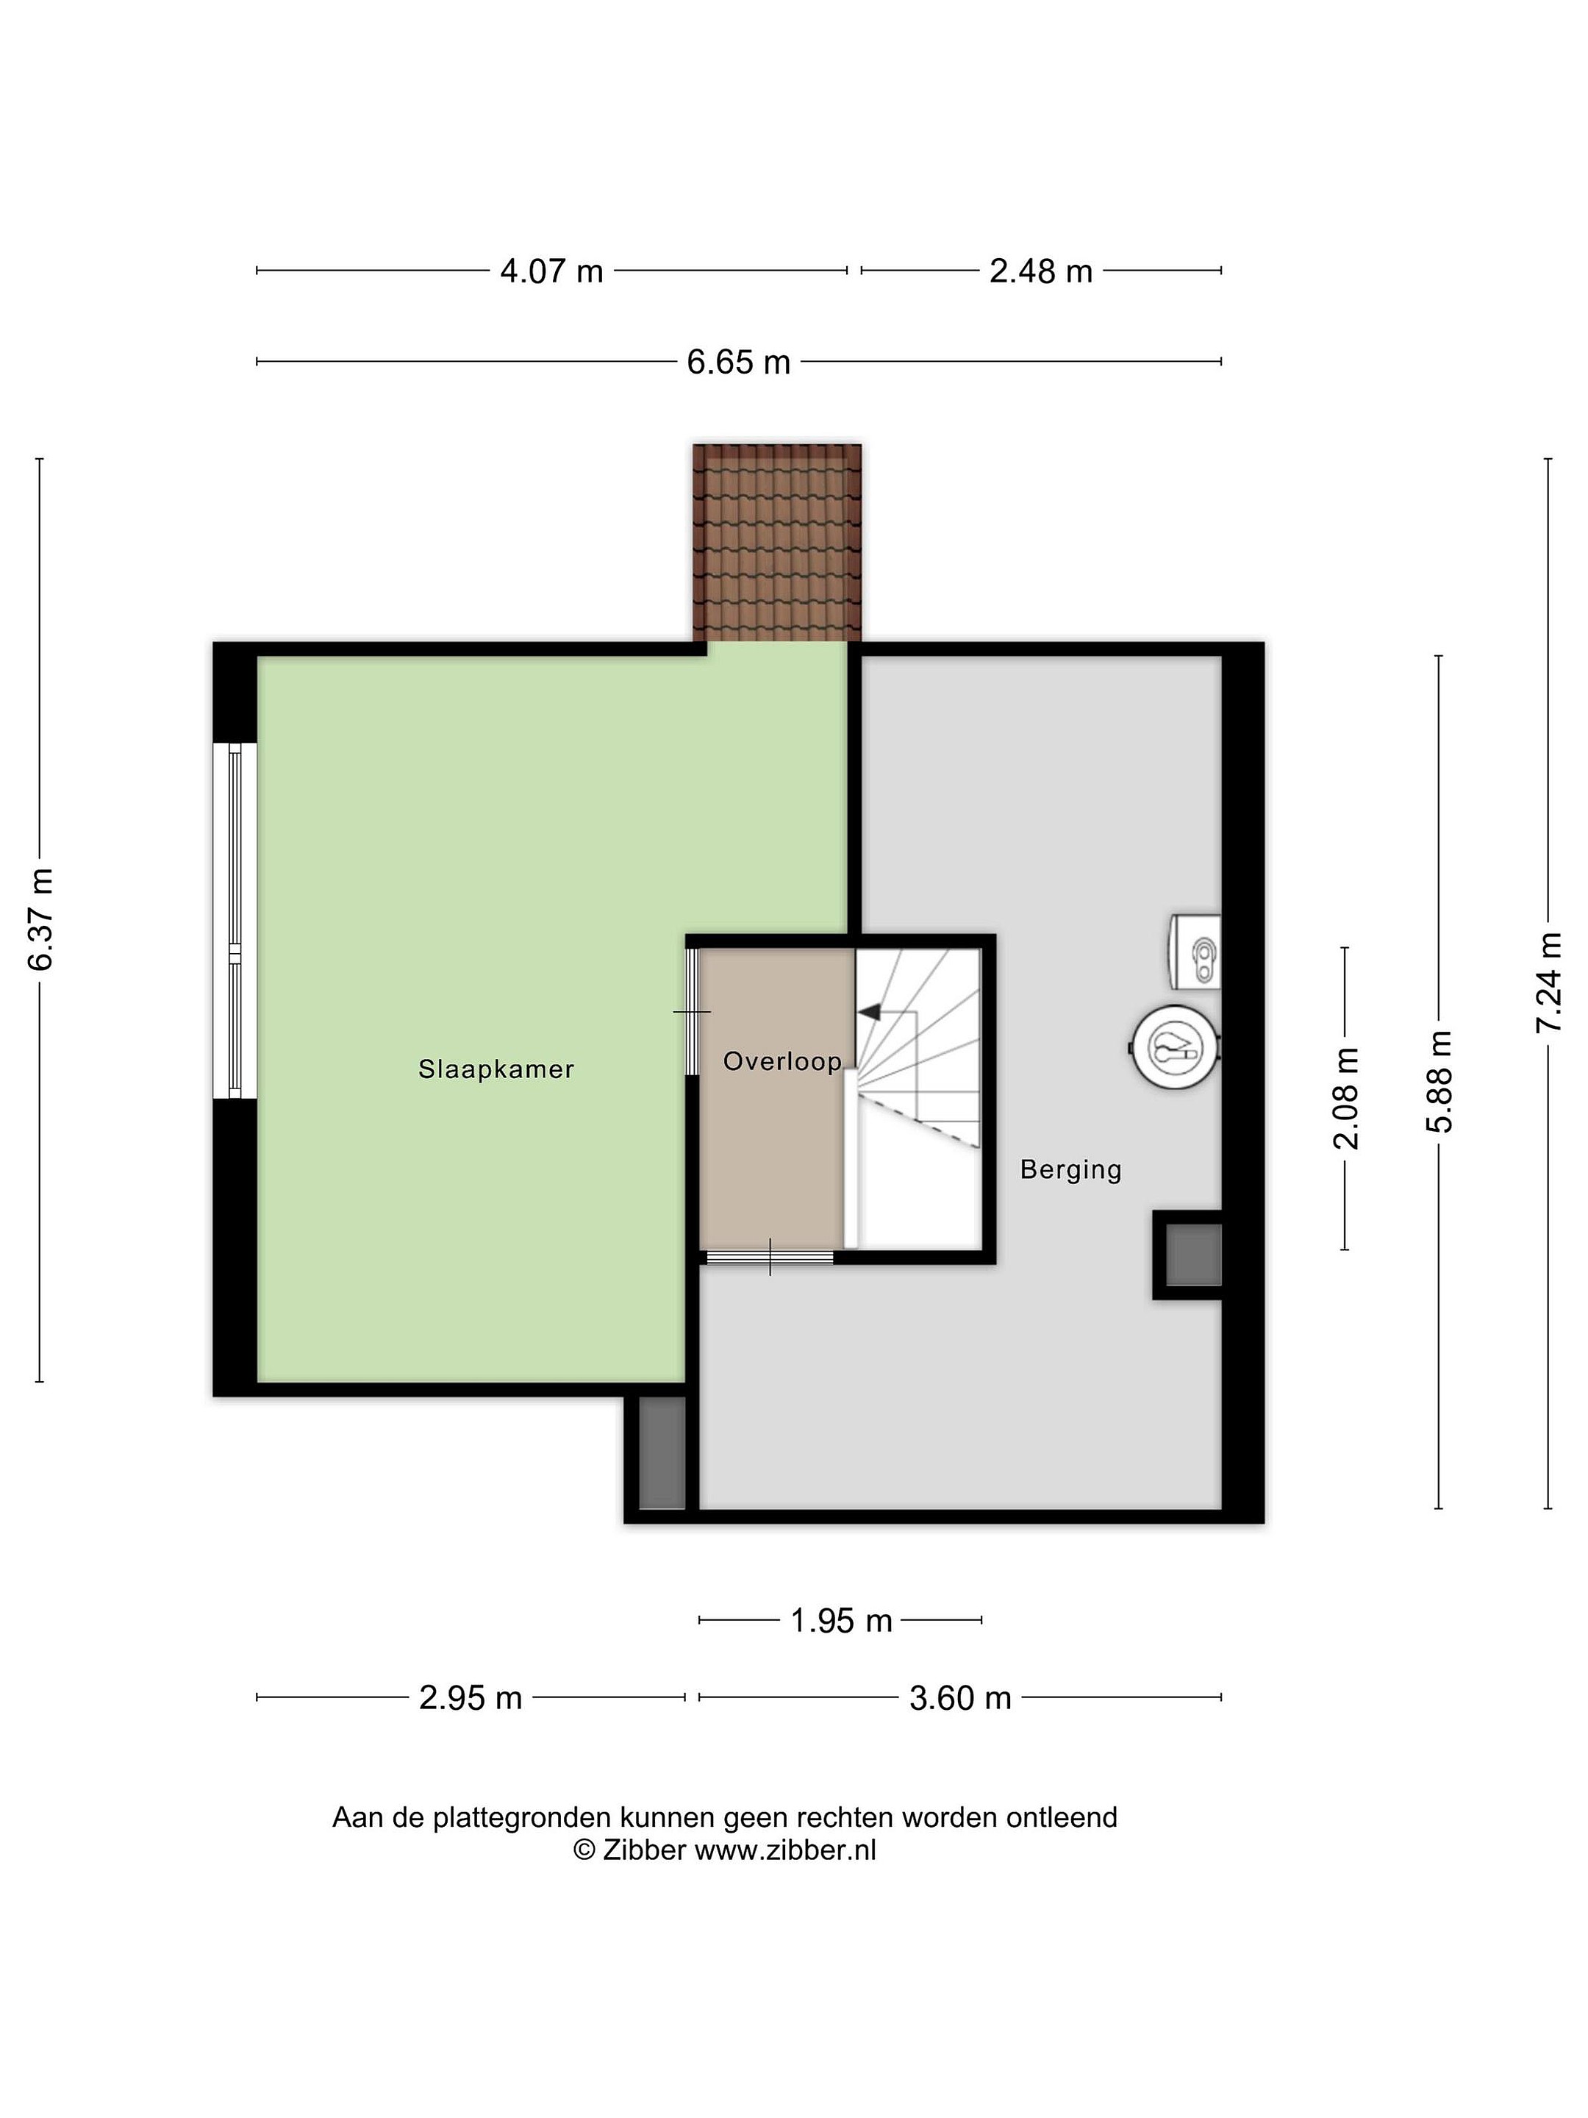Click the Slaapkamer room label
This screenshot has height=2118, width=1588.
pyautogui.click(x=496, y=1069)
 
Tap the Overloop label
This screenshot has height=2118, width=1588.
pyautogui.click(x=782, y=1061)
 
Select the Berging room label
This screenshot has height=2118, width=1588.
pyautogui.click(x=1070, y=1169)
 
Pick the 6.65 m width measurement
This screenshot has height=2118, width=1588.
pyautogui.click(x=738, y=363)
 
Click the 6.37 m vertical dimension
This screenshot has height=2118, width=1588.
pyautogui.click(x=40, y=919)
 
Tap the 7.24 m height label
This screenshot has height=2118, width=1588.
pyautogui.click(x=1549, y=983)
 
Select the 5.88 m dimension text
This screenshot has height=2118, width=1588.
pyautogui.click(x=1439, y=1082)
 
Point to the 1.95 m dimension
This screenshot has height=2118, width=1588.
pyautogui.click(x=840, y=1621)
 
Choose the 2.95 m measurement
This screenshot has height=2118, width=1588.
pyautogui.click(x=470, y=1697)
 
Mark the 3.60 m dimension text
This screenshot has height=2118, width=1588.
pyautogui.click(x=960, y=1697)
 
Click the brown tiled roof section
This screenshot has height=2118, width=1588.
pyautogui.click(x=777, y=542)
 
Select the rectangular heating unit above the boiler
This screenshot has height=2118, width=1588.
pyautogui.click(x=1195, y=952)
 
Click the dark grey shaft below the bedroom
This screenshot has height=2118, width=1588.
pyautogui.click(x=662, y=1452)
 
